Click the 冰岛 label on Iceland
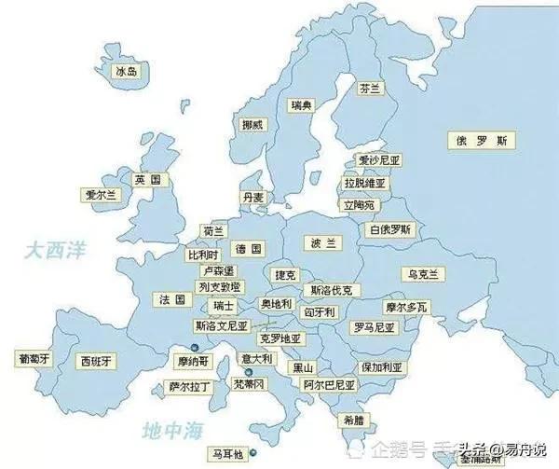pyautogui.click(x=126, y=71)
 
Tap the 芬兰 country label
pyautogui.click(x=370, y=89)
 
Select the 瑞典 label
pyautogui.click(x=301, y=104)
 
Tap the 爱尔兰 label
pyautogui.click(x=99, y=196)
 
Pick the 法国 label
pyautogui.click(x=172, y=299)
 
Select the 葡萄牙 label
pyautogui.click(x=34, y=358)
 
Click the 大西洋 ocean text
pyautogui.click(x=55, y=250)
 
